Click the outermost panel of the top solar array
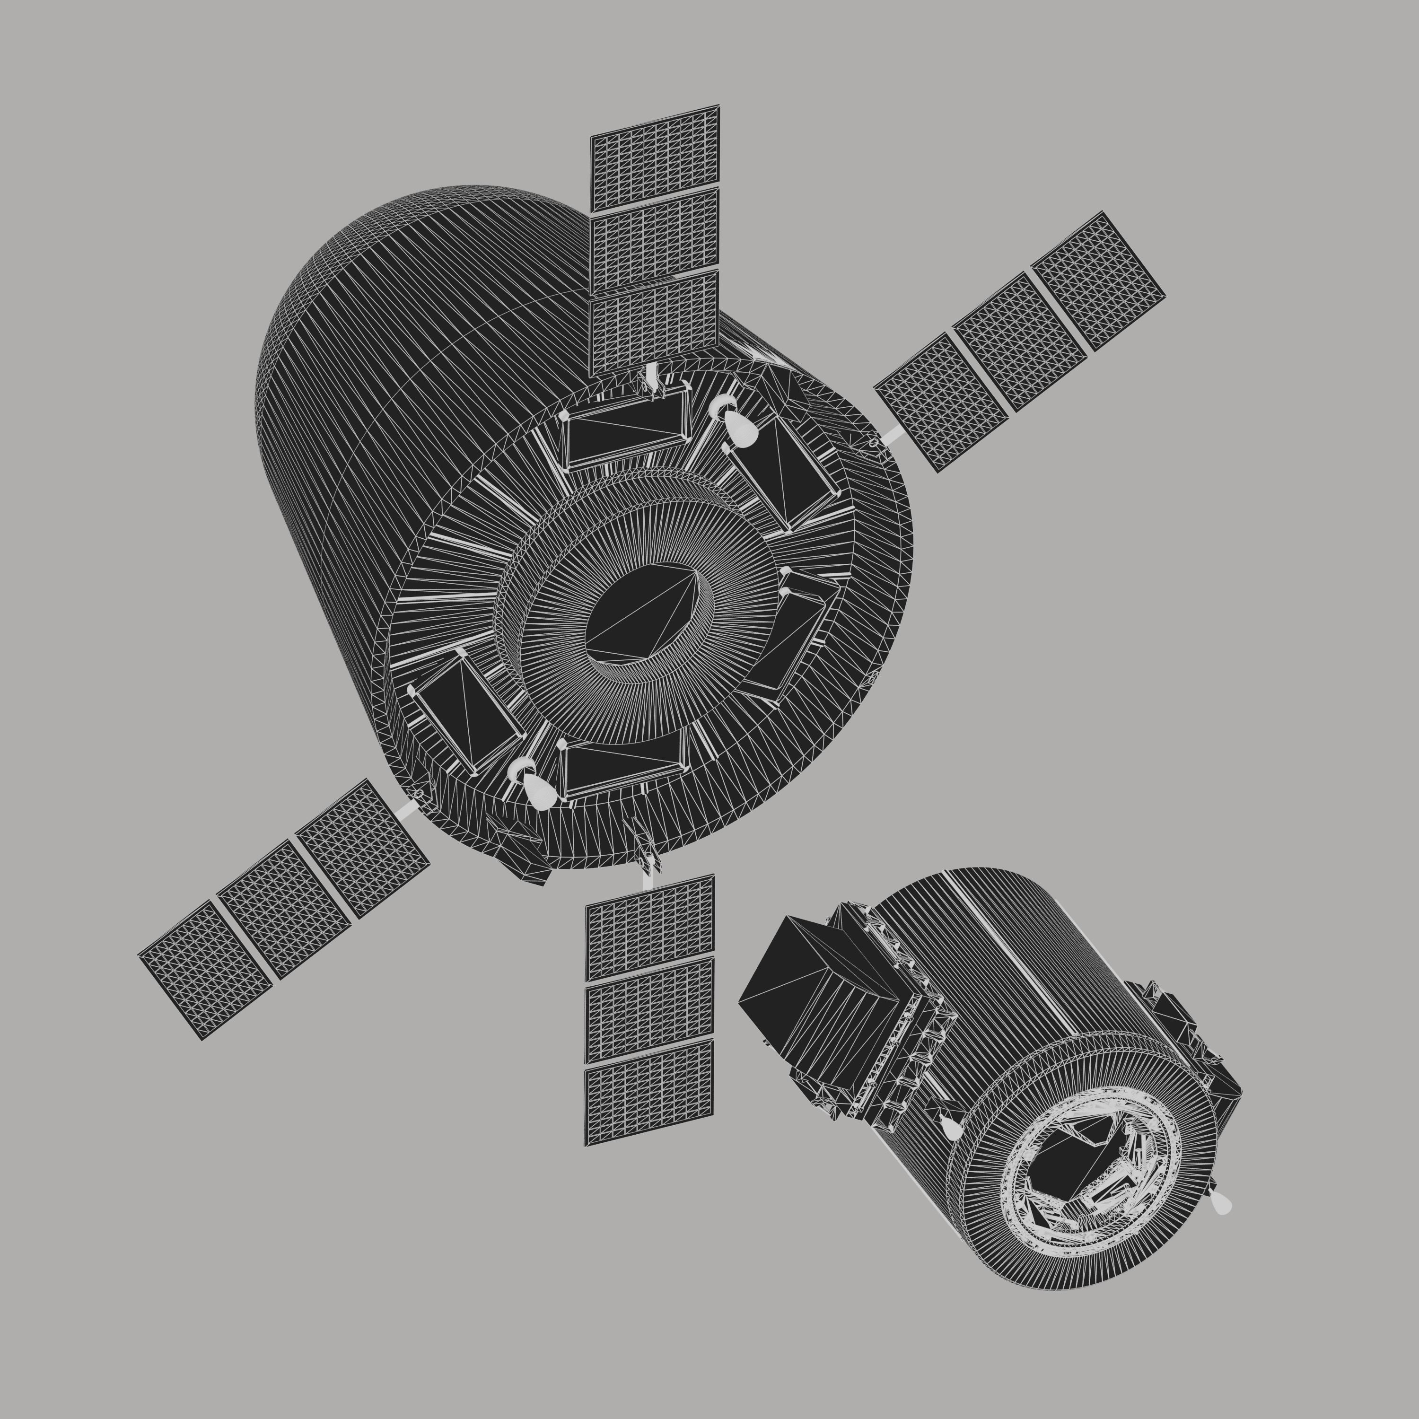[x=655, y=158]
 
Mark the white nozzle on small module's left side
[x=952, y=1128]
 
